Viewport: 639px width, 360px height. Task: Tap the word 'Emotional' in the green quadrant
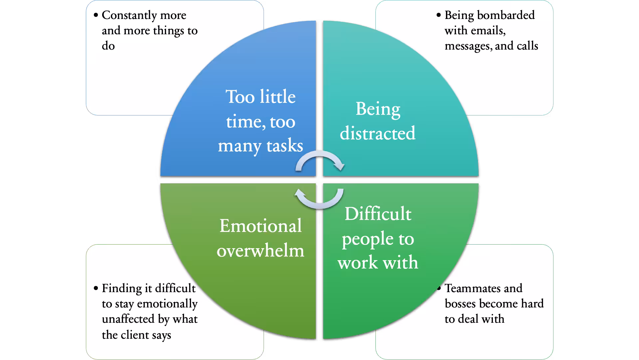[x=261, y=226]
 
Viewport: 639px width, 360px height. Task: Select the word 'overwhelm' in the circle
[x=261, y=251]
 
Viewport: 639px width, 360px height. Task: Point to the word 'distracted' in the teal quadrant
[x=378, y=133]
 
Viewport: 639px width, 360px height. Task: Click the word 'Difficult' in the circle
[x=378, y=214]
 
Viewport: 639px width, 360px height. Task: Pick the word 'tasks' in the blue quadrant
[x=285, y=146]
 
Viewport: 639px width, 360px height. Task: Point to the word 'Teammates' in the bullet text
[x=483, y=288]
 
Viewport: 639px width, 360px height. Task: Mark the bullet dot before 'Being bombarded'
[x=439, y=15]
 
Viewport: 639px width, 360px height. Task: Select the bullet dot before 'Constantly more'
[x=96, y=15]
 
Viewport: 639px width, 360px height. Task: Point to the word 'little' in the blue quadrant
[x=278, y=97]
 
